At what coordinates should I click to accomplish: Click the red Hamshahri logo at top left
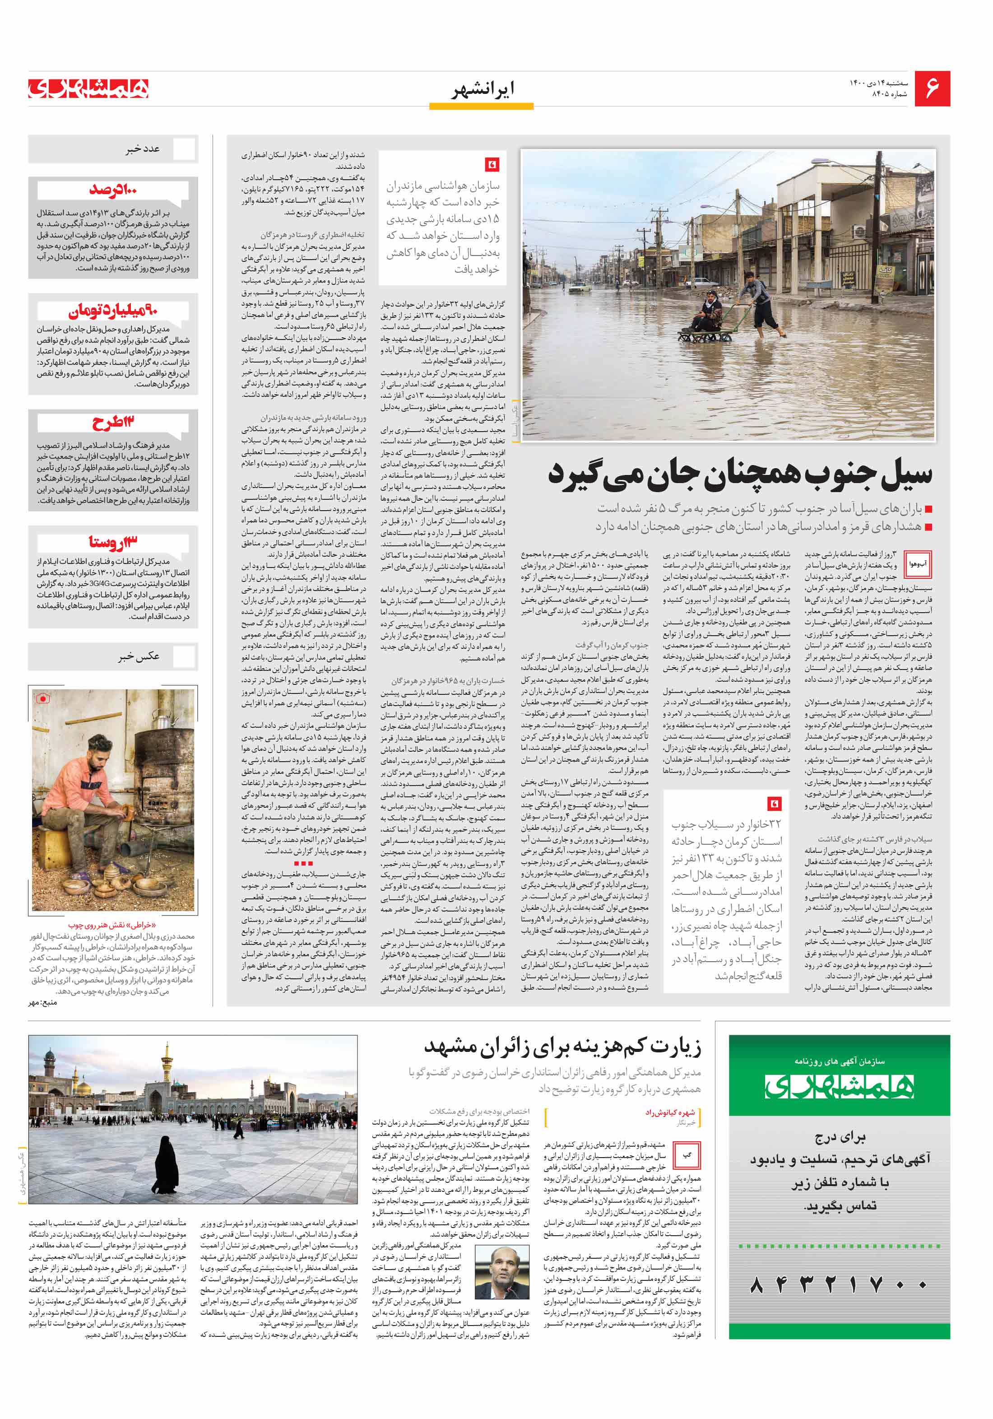tap(88, 89)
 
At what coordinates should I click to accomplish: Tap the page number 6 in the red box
tap(932, 88)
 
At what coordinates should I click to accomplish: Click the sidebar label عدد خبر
tap(144, 149)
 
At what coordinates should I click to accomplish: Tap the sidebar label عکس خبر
tap(139, 656)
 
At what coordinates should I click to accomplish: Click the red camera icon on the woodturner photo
tap(42, 699)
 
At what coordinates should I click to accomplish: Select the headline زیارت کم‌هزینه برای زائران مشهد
tap(562, 1047)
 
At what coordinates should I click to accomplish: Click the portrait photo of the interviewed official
tap(502, 1272)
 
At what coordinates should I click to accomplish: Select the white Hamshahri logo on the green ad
tap(839, 1086)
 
